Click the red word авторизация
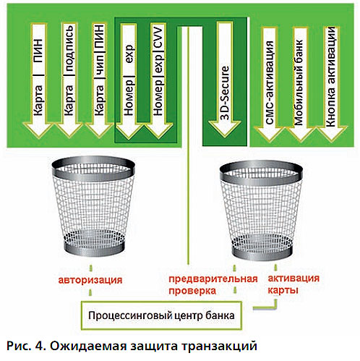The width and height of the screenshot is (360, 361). click(x=90, y=280)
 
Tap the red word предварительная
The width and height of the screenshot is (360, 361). click(x=213, y=279)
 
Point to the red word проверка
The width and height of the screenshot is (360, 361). click(x=192, y=291)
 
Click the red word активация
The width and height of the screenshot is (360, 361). click(x=293, y=278)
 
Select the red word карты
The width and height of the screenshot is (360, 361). click(x=283, y=290)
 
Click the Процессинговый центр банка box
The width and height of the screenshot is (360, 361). click(x=161, y=315)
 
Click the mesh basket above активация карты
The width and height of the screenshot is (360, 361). click(x=261, y=211)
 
